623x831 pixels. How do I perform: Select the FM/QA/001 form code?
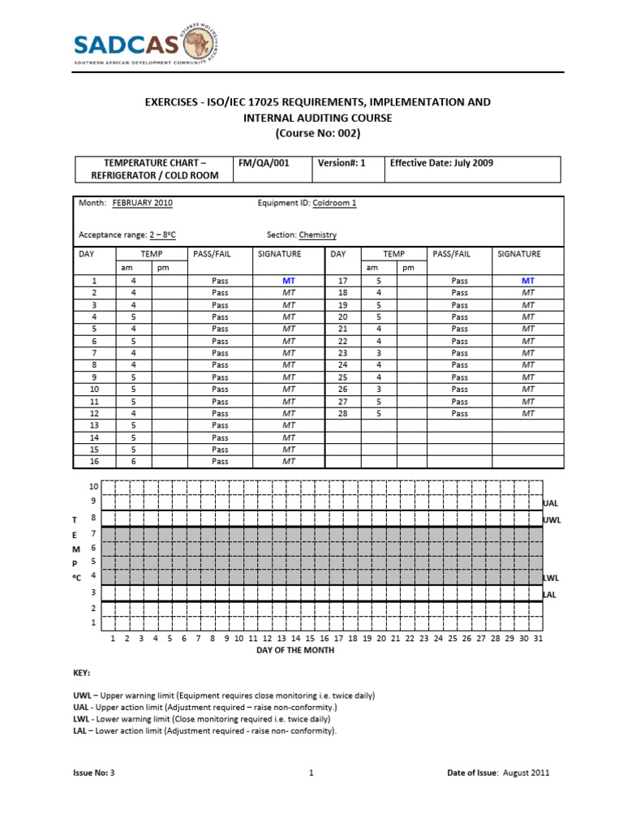point(263,162)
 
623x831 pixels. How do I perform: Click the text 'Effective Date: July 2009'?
point(441,162)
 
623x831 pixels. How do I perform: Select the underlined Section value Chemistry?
point(317,235)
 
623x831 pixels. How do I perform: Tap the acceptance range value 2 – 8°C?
point(162,235)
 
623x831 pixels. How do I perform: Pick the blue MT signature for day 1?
point(289,280)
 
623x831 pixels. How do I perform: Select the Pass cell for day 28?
point(459,413)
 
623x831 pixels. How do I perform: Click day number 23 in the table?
point(342,353)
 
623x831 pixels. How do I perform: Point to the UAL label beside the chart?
point(551,503)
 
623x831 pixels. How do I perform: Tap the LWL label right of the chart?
point(552,578)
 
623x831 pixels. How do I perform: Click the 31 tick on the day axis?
point(537,639)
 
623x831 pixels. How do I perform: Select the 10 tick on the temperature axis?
point(93,486)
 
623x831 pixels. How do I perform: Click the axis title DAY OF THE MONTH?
point(294,650)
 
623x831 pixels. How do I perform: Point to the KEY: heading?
point(81,673)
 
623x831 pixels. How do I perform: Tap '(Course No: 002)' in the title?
point(317,132)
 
